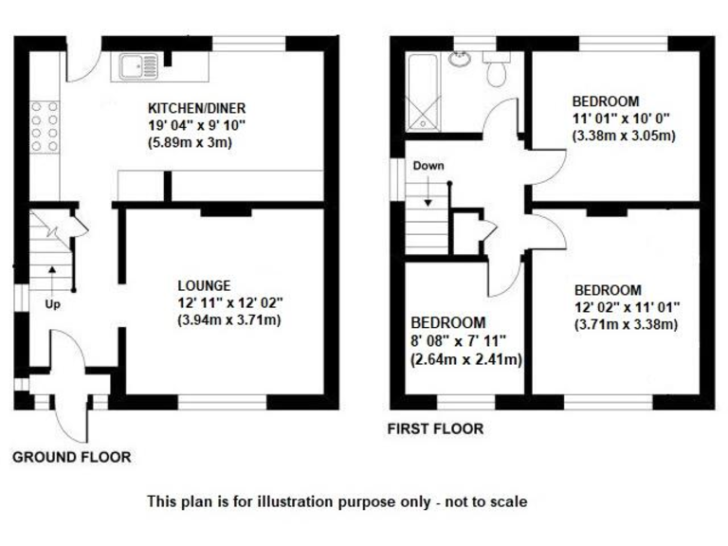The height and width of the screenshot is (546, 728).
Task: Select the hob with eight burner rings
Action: [x=44, y=126]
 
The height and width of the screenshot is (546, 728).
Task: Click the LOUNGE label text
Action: [x=203, y=284]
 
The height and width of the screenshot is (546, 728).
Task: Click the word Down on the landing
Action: [x=428, y=166]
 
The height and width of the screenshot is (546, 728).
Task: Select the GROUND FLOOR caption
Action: [x=71, y=457]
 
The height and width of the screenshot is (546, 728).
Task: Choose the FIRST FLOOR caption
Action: [x=435, y=428]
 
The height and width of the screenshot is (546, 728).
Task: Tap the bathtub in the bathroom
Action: [x=423, y=91]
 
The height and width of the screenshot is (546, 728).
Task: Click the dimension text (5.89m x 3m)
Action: [x=190, y=143]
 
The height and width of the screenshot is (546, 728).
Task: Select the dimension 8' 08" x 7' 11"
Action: [x=460, y=340]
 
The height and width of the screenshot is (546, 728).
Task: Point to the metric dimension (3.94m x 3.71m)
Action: [x=229, y=319]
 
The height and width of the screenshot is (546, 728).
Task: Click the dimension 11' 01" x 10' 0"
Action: [x=622, y=118]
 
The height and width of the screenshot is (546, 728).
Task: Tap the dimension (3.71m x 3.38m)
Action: [x=626, y=325]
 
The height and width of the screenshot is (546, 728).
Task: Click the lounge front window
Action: [x=222, y=402]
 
